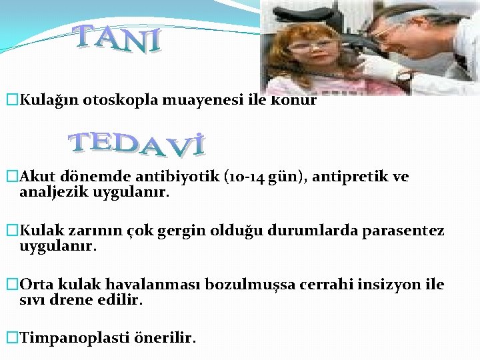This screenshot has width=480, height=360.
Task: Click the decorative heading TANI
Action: pyautogui.click(x=119, y=39)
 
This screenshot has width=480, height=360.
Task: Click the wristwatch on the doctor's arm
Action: pyautogui.click(x=404, y=76)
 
